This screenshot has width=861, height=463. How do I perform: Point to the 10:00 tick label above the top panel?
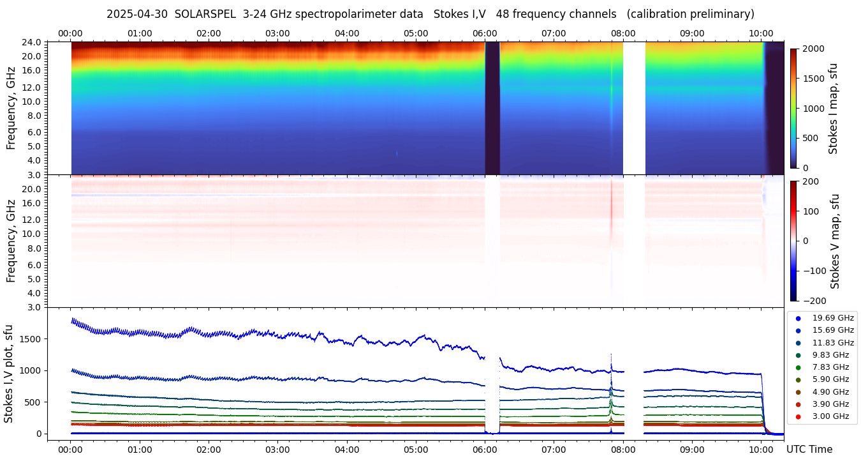coord(761,33)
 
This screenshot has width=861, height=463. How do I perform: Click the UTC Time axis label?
coord(809,450)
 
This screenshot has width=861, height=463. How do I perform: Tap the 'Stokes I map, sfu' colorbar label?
coord(834,109)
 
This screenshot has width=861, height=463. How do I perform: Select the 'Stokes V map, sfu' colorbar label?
coord(835,241)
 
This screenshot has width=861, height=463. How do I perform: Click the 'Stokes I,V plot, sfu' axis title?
coord(9,373)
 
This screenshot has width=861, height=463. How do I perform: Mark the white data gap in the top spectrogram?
coord(634,107)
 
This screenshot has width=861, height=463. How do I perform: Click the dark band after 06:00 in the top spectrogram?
coord(492,107)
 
